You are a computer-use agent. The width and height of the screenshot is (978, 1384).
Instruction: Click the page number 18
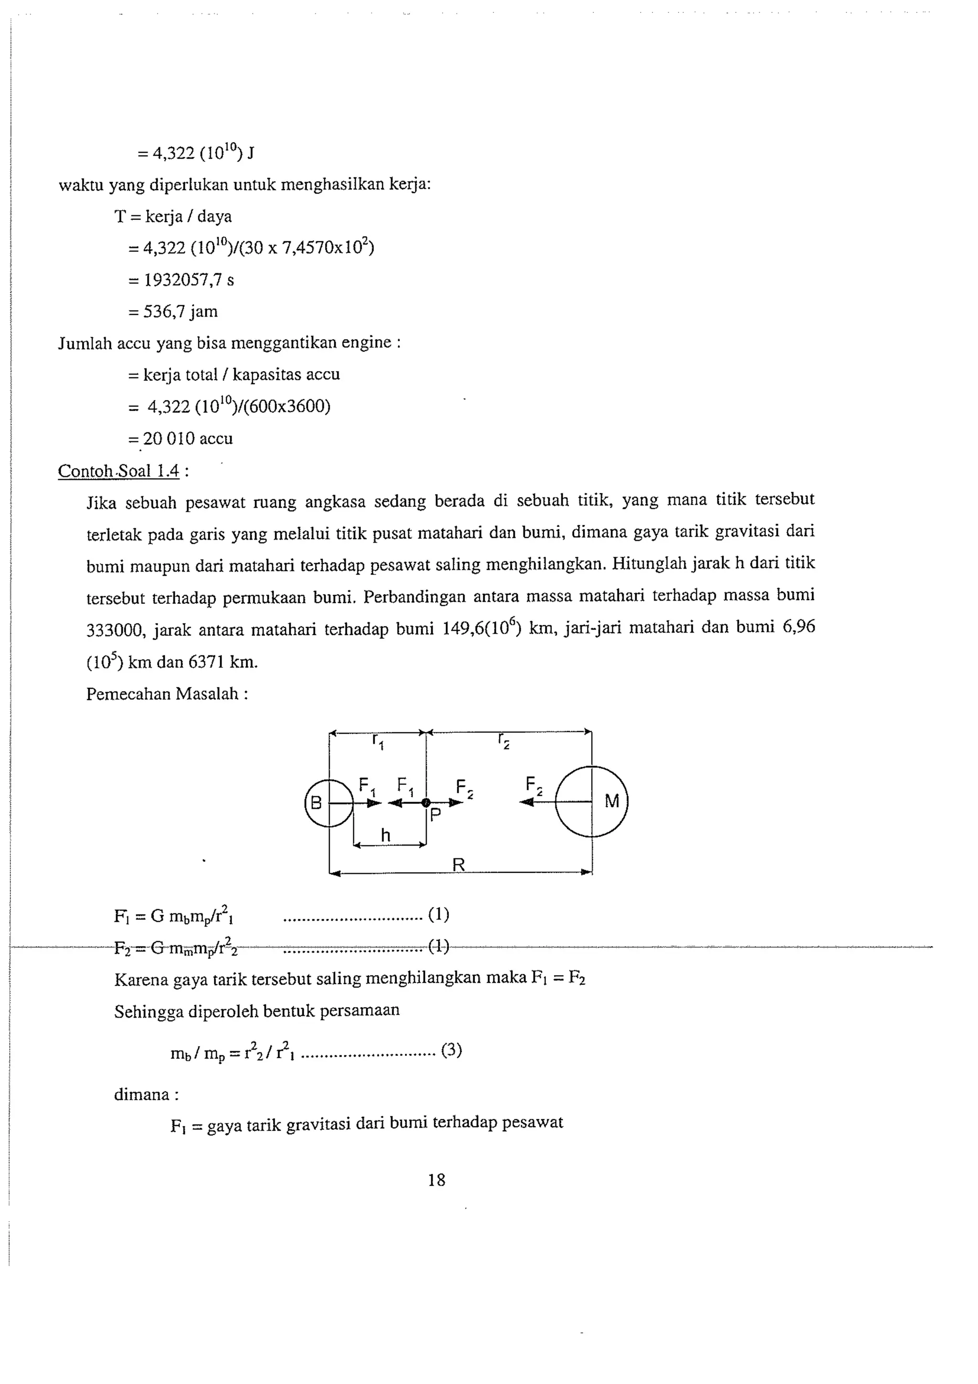436,1180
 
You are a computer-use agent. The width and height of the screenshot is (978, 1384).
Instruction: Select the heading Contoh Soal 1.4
119,471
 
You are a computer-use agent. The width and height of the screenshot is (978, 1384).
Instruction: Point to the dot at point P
425,802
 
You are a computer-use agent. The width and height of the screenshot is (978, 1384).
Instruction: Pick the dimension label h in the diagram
386,836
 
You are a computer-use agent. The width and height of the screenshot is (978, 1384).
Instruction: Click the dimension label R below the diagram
458,865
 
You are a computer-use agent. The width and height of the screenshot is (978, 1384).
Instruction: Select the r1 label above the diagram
378,740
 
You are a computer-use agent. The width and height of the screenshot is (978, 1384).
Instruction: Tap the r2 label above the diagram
504,740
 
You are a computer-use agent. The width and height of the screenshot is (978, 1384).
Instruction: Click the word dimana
142,1094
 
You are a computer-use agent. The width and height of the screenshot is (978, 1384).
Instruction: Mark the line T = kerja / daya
173,216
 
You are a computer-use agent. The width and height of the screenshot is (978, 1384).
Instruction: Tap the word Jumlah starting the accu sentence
85,343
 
